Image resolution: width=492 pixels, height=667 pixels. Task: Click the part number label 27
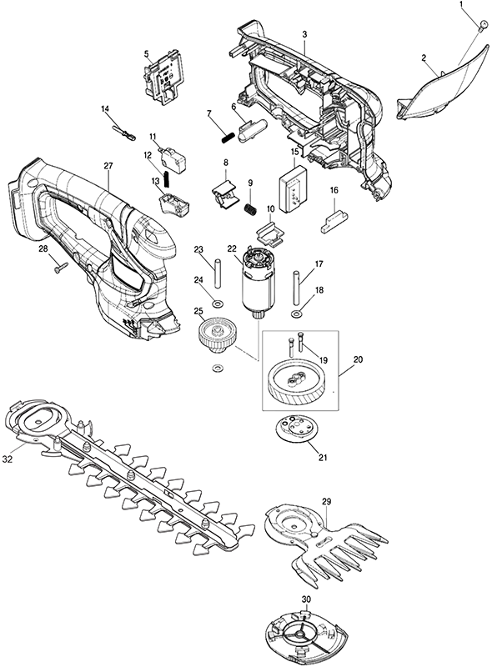(108, 165)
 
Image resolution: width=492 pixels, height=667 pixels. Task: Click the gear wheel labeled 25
(213, 334)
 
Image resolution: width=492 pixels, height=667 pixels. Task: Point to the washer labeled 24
(219, 303)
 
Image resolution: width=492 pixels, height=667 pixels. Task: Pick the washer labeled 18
(296, 314)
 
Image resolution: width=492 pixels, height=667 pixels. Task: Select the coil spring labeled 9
(249, 209)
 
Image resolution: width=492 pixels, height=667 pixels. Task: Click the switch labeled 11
(171, 157)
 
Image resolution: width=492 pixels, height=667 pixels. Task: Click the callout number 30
(306, 599)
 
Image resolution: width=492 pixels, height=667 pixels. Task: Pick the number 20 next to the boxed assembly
(358, 359)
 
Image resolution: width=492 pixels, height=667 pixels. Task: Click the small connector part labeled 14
(124, 132)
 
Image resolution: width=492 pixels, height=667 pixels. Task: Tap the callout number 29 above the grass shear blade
(326, 501)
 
